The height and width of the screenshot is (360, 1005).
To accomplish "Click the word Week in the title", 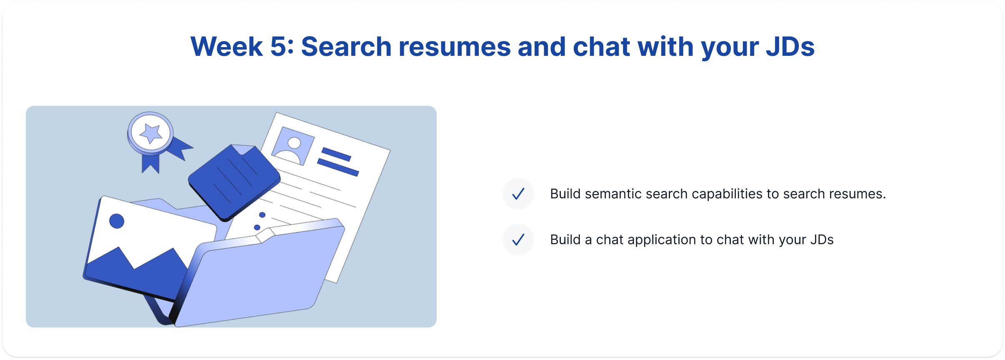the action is pos(226,46).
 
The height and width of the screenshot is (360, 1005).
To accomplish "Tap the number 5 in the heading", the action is pos(279,46).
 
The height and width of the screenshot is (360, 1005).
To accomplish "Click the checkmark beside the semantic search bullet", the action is pos(518,194).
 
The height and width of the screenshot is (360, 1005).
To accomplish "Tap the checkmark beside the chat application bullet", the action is pos(518,240).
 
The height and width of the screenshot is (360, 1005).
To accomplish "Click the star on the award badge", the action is pos(150,133).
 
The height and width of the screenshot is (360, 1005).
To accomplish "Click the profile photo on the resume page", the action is pos(293,146).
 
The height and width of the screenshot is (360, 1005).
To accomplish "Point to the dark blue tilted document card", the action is pos(234,182).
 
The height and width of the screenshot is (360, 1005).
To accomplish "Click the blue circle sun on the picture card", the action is pos(117,221).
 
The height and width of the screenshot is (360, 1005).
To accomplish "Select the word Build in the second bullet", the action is pos(565,240).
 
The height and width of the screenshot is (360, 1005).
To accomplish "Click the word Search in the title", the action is pos(346,46).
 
